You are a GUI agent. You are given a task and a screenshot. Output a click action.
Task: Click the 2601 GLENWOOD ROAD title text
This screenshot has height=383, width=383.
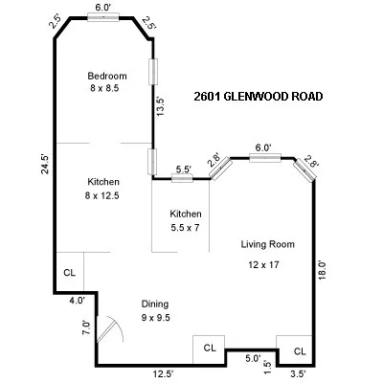coord(258,97)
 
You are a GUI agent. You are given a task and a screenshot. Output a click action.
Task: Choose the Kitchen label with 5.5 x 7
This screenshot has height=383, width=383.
coord(186,214)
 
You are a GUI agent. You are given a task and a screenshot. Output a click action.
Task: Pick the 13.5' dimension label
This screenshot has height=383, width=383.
coord(161,105)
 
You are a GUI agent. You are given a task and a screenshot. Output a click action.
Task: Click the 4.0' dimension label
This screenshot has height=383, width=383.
coord(76,301)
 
